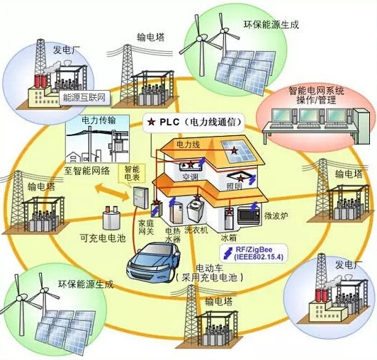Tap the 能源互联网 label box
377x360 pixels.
[84, 98]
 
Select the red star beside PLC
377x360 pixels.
[152, 122]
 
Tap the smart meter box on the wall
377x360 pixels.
[140, 198]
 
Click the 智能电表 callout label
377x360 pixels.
[132, 174]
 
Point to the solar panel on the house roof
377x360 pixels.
[238, 151]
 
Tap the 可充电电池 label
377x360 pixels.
[103, 238]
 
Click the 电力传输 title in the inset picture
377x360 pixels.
[99, 120]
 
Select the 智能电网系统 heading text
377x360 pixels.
[316, 91]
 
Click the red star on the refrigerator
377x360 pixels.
[230, 212]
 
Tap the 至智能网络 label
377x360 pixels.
[87, 171]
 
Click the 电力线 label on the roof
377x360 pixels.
[188, 145]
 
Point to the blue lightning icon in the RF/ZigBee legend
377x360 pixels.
[228, 253]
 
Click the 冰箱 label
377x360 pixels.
[229, 238]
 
